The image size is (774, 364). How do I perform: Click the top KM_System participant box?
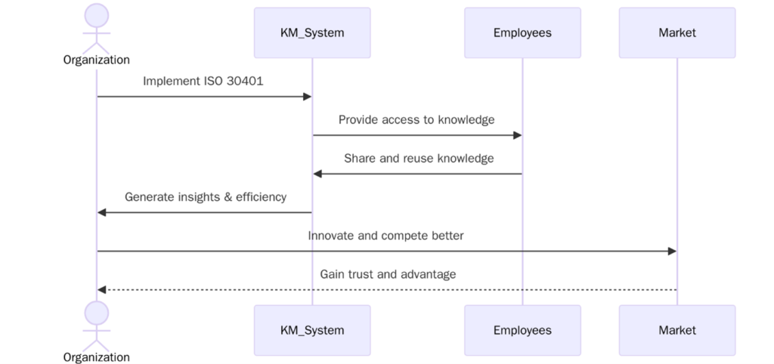(x=312, y=32)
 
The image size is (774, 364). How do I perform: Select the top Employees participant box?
(x=522, y=32)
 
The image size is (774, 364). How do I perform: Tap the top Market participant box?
(x=676, y=32)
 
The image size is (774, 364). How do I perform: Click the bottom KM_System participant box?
(x=312, y=330)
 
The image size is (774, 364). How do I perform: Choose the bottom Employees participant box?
(x=522, y=330)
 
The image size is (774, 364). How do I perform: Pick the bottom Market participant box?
(x=676, y=330)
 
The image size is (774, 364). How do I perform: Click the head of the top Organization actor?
(x=97, y=15)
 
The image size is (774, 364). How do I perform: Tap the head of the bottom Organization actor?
(x=97, y=313)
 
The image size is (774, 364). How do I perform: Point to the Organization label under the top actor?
(x=97, y=60)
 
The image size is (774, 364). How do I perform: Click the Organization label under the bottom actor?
(x=97, y=356)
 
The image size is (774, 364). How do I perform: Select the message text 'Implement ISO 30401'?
(x=203, y=81)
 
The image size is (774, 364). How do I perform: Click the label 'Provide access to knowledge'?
(x=416, y=119)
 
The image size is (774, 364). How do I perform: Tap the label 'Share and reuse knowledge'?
(x=419, y=158)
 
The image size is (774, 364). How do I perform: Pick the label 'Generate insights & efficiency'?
(x=206, y=196)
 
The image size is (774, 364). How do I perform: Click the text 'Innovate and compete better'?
(x=385, y=236)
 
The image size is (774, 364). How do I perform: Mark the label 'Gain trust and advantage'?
(x=388, y=274)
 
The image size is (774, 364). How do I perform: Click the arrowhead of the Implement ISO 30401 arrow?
(x=308, y=97)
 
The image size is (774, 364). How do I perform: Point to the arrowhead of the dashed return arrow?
(x=102, y=290)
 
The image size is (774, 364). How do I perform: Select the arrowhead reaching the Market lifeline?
(x=672, y=251)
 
